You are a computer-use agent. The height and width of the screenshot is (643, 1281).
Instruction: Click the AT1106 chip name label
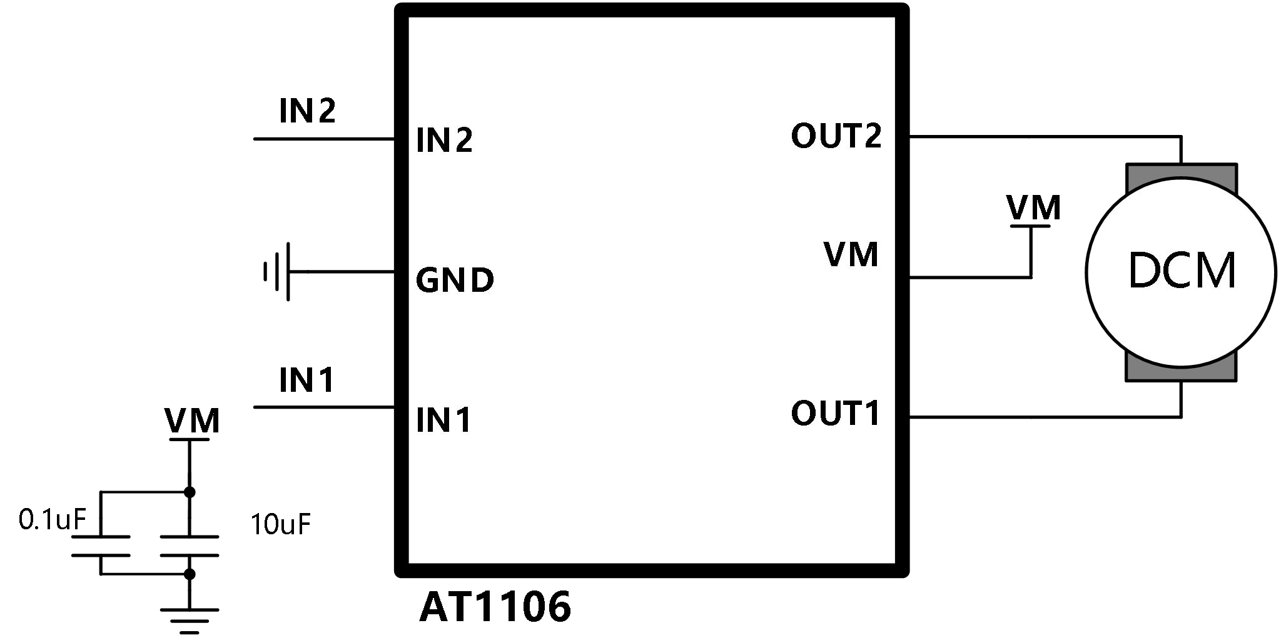pyautogui.click(x=495, y=607)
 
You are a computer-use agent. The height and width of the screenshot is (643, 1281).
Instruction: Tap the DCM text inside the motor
pyautogui.click(x=1182, y=270)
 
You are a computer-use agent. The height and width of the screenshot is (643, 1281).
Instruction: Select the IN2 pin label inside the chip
pyautogui.click(x=444, y=140)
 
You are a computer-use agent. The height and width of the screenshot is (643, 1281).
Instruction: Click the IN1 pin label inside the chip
pyautogui.click(x=443, y=420)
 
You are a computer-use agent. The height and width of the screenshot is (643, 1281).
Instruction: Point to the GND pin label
pyautogui.click(x=455, y=280)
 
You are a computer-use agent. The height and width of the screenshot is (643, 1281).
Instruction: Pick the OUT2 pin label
pyautogui.click(x=836, y=136)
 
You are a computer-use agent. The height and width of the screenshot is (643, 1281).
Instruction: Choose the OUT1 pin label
pyautogui.click(x=835, y=413)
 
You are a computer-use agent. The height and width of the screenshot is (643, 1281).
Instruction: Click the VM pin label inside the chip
pyautogui.click(x=851, y=254)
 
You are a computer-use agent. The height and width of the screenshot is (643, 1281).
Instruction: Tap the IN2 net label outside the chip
pyautogui.click(x=307, y=111)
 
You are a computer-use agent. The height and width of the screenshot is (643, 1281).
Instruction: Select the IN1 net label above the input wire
pyautogui.click(x=306, y=380)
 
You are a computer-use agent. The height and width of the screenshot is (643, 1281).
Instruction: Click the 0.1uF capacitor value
pyautogui.click(x=51, y=519)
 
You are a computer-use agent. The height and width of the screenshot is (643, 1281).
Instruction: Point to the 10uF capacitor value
pyautogui.click(x=280, y=524)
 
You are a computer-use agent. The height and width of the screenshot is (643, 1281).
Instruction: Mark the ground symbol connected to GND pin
pyautogui.click(x=277, y=272)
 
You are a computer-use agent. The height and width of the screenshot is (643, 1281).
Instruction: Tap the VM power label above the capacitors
pyautogui.click(x=192, y=422)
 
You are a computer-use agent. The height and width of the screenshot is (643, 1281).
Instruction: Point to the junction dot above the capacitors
pyautogui.click(x=190, y=492)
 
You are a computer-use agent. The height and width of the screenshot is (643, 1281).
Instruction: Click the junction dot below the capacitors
pyautogui.click(x=190, y=574)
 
